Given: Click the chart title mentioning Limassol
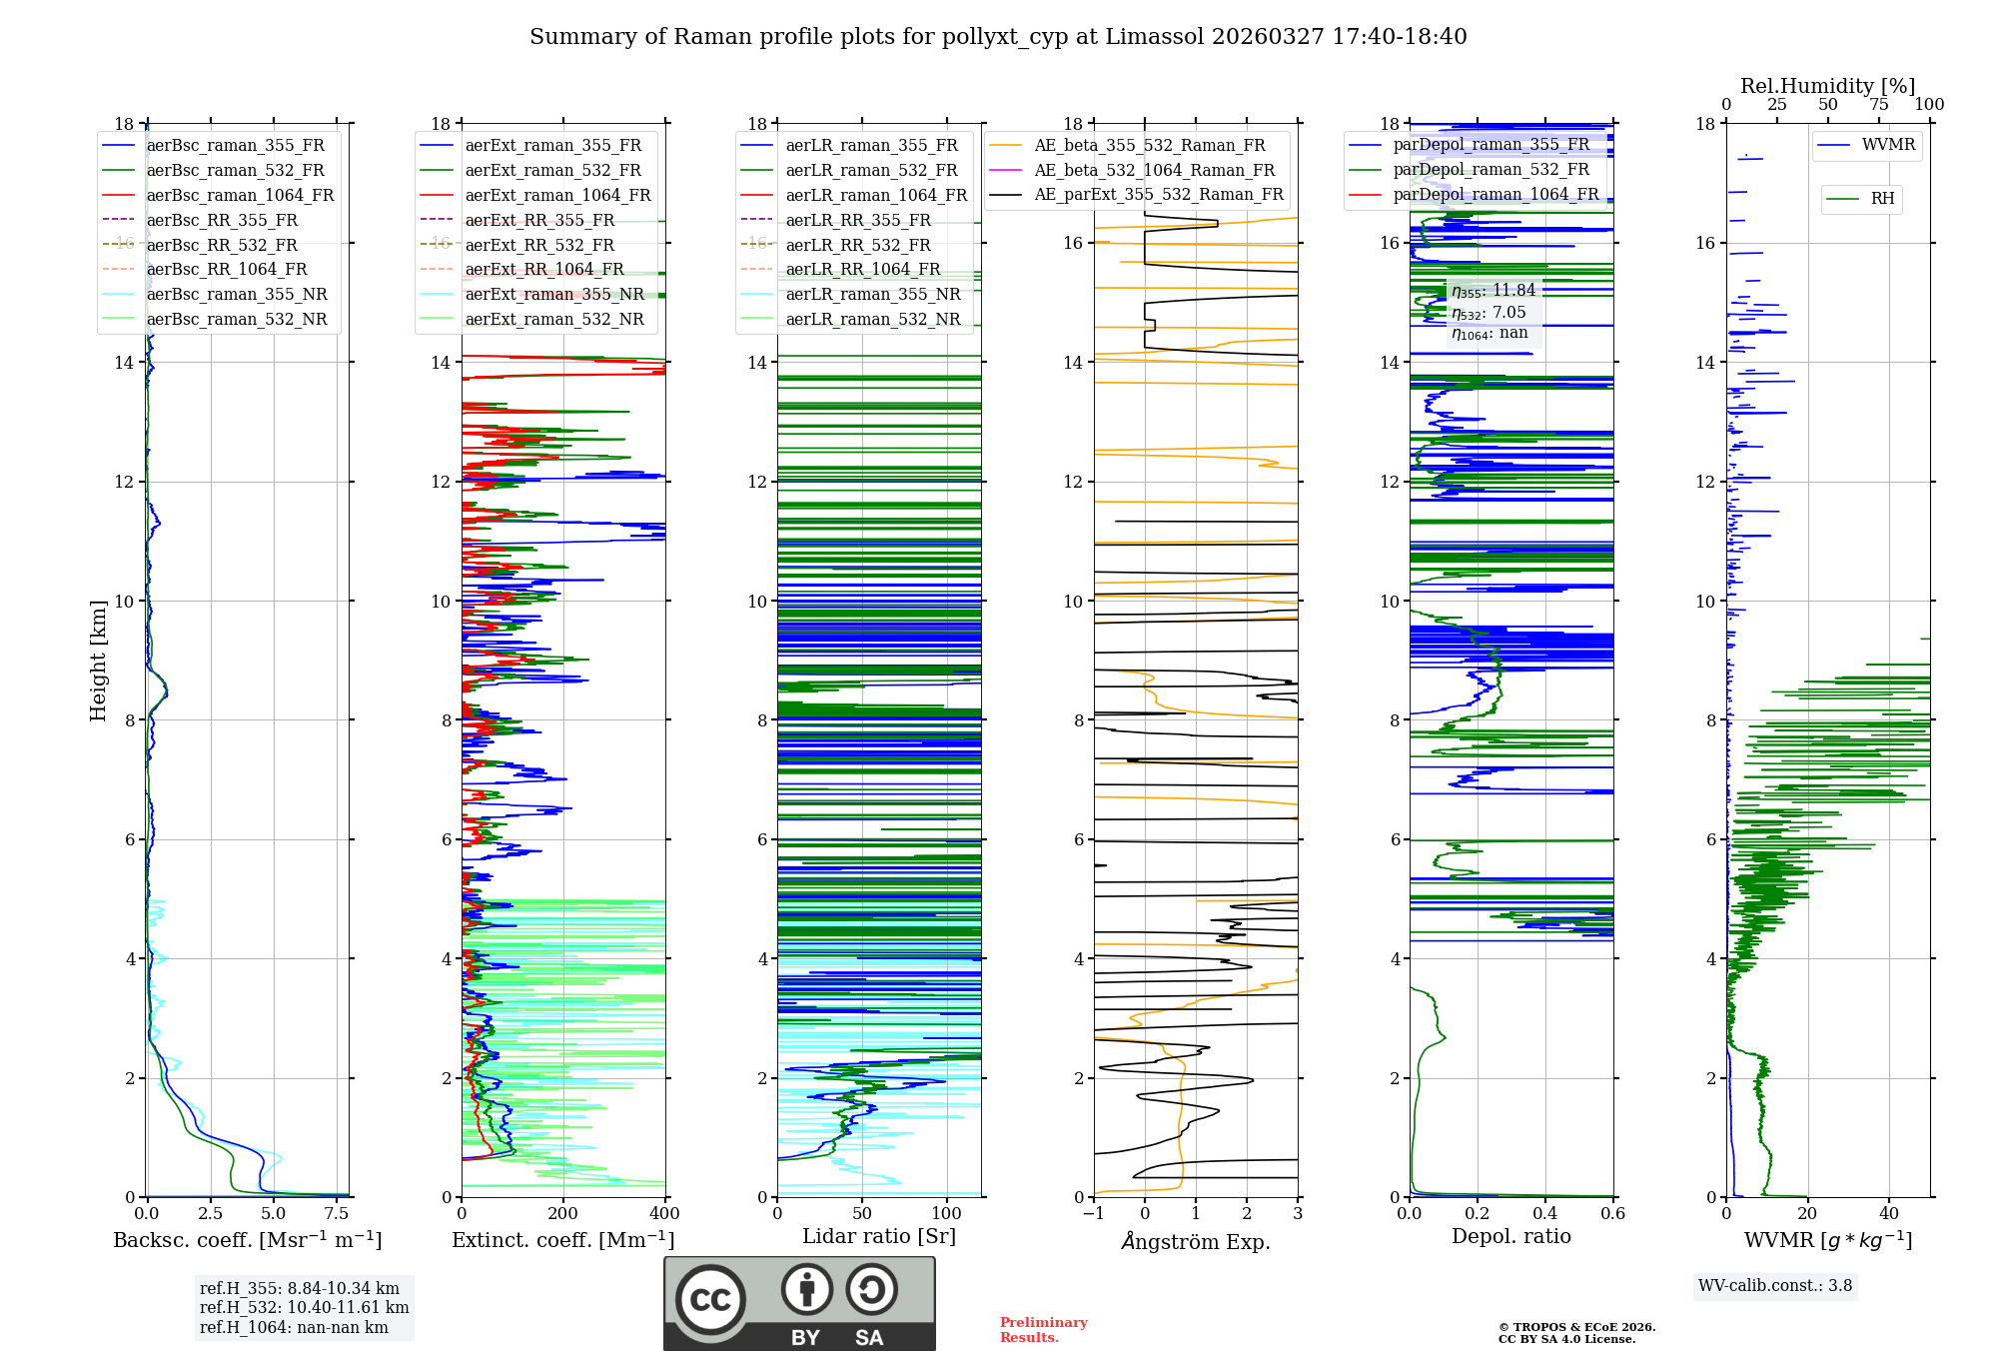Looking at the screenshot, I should [x=998, y=37].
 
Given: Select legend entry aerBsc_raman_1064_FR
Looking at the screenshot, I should [x=240, y=195].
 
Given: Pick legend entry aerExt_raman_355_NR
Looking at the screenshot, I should [x=554, y=294].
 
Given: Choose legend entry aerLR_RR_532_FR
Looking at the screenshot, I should [x=858, y=245].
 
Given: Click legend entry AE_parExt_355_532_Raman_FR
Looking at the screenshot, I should [x=1159, y=194].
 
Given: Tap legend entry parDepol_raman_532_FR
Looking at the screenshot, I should [x=1491, y=169].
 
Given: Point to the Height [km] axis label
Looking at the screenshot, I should [x=98, y=660].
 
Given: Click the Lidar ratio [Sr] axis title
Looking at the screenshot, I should [x=879, y=1236].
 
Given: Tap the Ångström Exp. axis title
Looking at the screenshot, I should [x=1196, y=1241].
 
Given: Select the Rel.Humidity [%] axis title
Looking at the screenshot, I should [x=1827, y=86].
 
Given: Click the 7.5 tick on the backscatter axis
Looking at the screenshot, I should [x=337, y=1214].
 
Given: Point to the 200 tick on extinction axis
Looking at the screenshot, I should [x=563, y=1214].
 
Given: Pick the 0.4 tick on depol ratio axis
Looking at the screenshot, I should [x=1544, y=1214].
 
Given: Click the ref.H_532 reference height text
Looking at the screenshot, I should [x=304, y=1307].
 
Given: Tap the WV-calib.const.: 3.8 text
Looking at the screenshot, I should [x=1775, y=1286].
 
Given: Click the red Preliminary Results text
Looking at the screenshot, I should [x=1043, y=1330].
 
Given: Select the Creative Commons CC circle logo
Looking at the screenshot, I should [x=710, y=1300].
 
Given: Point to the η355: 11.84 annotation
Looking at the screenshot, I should [x=1494, y=291].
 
